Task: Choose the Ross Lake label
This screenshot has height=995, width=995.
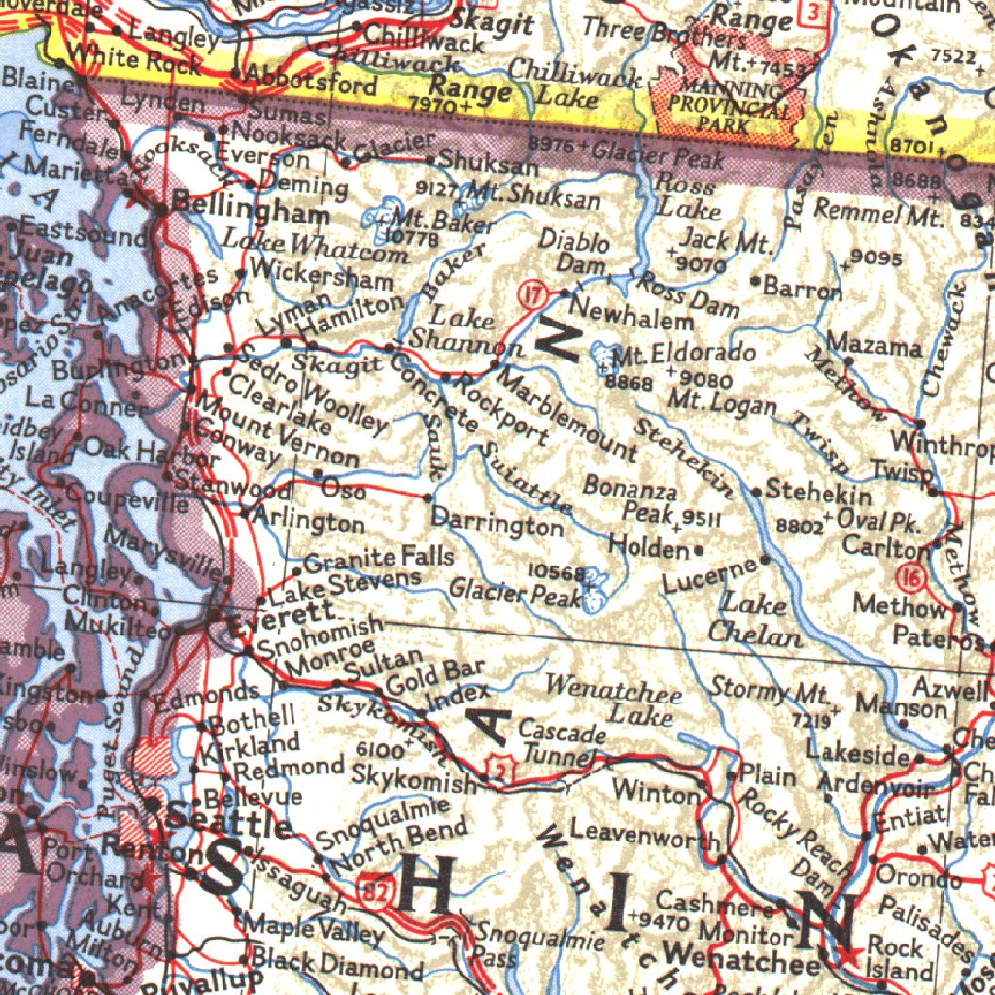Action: coord(686,193)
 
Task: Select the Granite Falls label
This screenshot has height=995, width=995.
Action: coord(379,559)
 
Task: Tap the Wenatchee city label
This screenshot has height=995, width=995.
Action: coord(744,963)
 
